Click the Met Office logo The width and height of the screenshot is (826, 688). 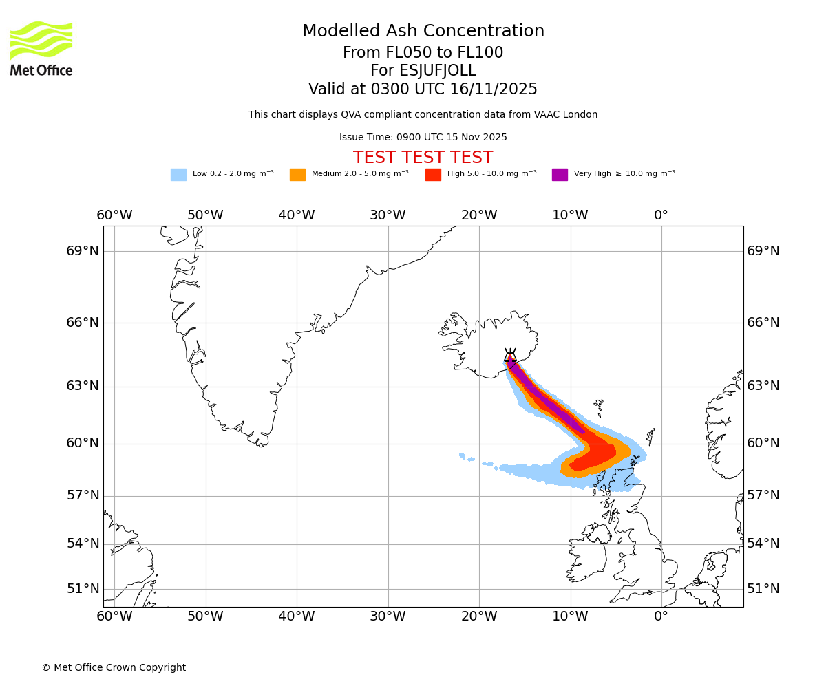click(x=41, y=48)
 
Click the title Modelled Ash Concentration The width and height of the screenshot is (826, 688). click(x=423, y=32)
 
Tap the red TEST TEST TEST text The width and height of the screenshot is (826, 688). click(x=423, y=158)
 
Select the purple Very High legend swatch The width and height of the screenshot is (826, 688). click(x=560, y=175)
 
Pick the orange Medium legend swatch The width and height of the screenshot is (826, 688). click(x=297, y=175)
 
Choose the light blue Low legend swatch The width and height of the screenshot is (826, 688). click(x=178, y=175)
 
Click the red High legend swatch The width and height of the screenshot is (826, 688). click(x=433, y=175)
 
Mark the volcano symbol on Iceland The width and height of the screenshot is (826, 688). click(x=510, y=355)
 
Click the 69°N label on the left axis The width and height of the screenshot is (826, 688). click(x=83, y=251)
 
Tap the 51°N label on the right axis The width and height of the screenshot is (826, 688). click(x=763, y=589)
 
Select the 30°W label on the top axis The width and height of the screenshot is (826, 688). click(x=388, y=215)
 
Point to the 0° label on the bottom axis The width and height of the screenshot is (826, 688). click(x=661, y=616)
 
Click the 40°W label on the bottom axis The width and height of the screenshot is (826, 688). click(x=297, y=616)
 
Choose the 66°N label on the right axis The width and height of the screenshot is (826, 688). click(x=763, y=323)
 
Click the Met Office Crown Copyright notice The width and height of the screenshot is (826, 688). click(x=114, y=667)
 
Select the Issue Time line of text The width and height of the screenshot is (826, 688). click(x=423, y=138)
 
